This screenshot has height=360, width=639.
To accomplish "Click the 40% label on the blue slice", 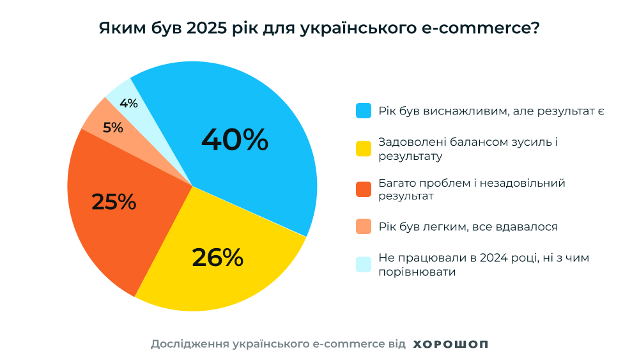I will [235, 140].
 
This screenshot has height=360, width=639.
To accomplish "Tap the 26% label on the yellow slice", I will [217, 257].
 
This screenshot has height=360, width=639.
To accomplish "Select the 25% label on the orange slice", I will [114, 201].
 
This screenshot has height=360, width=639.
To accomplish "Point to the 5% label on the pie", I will [113, 127].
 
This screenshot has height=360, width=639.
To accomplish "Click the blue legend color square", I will [364, 111].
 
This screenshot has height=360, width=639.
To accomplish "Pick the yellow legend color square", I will [364, 148].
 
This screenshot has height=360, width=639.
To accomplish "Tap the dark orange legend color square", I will [364, 189].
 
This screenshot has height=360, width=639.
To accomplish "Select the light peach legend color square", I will [364, 226].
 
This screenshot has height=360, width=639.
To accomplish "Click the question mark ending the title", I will [535, 29].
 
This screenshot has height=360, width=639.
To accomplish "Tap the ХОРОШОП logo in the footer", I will [450, 344].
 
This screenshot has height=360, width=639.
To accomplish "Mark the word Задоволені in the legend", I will [409, 142].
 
